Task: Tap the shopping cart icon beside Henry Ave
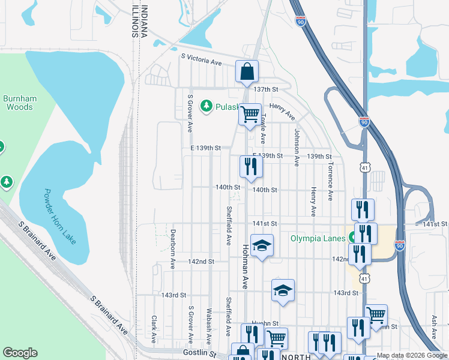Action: click(250, 113)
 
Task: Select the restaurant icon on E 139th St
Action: click(251, 167)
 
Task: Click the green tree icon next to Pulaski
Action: click(206, 106)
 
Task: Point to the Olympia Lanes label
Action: click(319, 238)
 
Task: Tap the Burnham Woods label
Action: click(20, 103)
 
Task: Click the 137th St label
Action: click(266, 89)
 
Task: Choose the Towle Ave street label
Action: click(262, 129)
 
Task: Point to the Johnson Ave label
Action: click(297, 146)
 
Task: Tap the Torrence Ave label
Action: click(330, 180)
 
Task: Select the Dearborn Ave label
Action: click(172, 247)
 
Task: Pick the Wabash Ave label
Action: click(209, 326)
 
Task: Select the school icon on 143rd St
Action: click(283, 291)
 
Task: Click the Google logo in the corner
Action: click(20, 353)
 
